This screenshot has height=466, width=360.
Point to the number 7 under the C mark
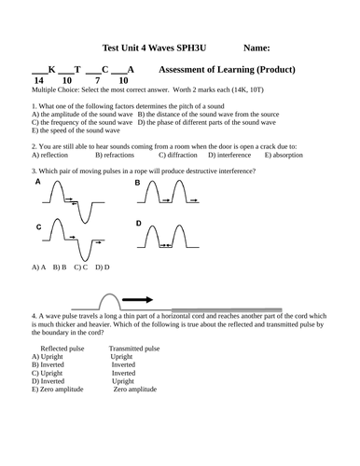click(97, 81)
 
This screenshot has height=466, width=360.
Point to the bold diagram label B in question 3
click(138, 183)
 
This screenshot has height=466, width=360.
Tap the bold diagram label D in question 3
click(138, 223)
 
